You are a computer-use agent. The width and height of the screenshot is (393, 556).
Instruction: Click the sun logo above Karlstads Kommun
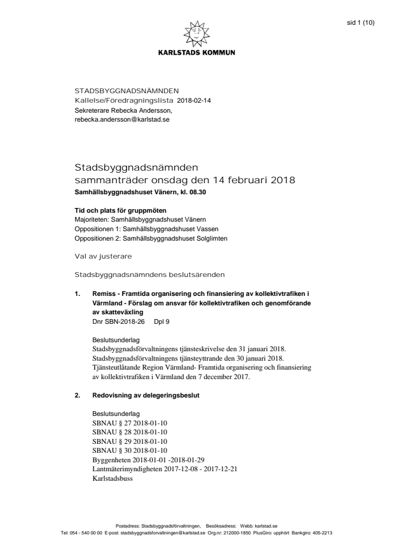coord(196,34)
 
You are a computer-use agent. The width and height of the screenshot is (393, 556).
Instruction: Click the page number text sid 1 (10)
coord(361,23)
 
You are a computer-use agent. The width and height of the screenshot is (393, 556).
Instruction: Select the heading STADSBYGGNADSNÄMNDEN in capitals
coord(126,91)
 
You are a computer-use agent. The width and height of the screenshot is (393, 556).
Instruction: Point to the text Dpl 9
coord(162,320)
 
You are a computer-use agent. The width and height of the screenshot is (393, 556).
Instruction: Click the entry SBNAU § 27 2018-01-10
coord(130,423)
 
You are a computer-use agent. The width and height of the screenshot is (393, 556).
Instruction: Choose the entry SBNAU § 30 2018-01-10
coord(130,450)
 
